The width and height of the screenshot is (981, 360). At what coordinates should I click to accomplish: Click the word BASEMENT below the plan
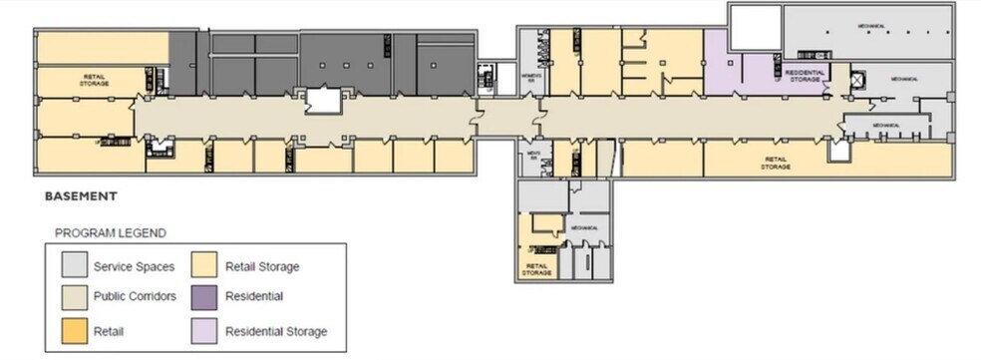click(x=81, y=197)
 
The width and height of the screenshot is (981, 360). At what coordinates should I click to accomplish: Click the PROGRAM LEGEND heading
click(x=110, y=233)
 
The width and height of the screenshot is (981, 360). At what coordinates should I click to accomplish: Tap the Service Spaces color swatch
click(x=73, y=266)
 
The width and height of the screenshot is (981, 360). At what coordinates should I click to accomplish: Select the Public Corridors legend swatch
click(x=73, y=297)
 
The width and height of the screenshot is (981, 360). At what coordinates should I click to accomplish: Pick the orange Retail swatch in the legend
click(x=73, y=328)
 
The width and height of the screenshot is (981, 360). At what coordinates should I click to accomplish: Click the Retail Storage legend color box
click(x=205, y=266)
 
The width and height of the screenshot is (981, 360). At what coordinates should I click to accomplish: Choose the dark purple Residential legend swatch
click(x=205, y=297)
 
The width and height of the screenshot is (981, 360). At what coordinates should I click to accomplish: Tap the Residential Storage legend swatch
click(x=205, y=328)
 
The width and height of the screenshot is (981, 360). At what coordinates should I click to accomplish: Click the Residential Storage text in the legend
click(x=276, y=331)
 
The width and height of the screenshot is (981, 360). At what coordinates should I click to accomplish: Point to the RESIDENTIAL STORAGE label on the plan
click(x=803, y=76)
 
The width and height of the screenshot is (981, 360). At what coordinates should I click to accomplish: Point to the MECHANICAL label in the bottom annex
click(x=584, y=227)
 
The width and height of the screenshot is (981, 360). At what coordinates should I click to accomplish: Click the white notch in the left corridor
click(x=323, y=100)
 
